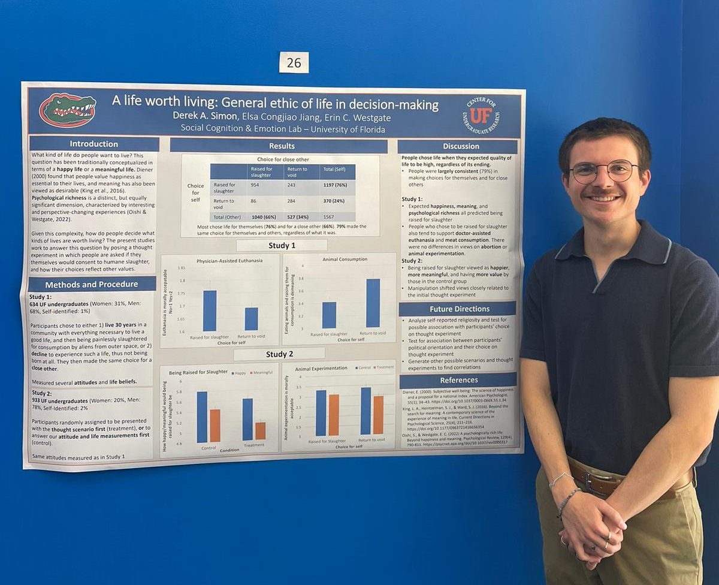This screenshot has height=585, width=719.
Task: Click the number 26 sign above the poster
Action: coord(294,62)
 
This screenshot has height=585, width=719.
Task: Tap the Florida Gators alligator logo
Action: coord(67,110)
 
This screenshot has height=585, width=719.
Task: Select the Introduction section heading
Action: coord(93,144)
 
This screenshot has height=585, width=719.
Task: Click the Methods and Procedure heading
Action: coord(91,284)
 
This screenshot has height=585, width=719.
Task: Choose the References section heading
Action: coord(458,380)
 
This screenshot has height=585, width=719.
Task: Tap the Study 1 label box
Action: coord(281,245)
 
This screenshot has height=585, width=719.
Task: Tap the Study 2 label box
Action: coord(279,354)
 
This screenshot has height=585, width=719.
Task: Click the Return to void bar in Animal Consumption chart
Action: coord(373,303)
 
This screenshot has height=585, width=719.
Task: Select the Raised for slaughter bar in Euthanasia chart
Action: coord(209,310)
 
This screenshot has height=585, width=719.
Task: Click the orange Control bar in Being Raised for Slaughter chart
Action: coord(215,426)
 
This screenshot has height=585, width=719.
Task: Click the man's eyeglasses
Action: coord(603,171)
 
